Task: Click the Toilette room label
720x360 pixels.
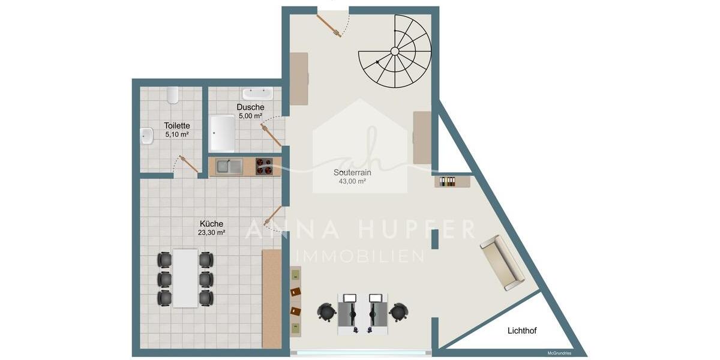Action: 177,125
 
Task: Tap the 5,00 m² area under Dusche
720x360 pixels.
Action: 250,116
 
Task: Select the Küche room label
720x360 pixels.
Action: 211,223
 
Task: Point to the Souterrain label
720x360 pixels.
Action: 352,172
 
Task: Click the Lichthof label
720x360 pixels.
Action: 522,331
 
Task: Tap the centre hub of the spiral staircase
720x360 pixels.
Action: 395,52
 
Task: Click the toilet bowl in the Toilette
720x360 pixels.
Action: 173,95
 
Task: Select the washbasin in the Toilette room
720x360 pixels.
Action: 147,136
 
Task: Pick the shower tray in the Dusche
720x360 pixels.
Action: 222,134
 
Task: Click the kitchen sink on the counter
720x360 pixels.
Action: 229,166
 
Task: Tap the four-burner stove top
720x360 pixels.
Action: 264,167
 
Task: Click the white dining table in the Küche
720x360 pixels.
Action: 185,278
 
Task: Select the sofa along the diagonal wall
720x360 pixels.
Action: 502,263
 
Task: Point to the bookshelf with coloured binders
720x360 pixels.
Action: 452,182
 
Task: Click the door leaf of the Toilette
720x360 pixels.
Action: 188,164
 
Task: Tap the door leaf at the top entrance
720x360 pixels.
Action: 329,26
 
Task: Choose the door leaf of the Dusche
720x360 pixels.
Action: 271,136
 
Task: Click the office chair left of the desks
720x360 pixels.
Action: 326,312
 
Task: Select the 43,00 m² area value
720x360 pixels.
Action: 352,181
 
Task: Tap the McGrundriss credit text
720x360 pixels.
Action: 559,353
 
